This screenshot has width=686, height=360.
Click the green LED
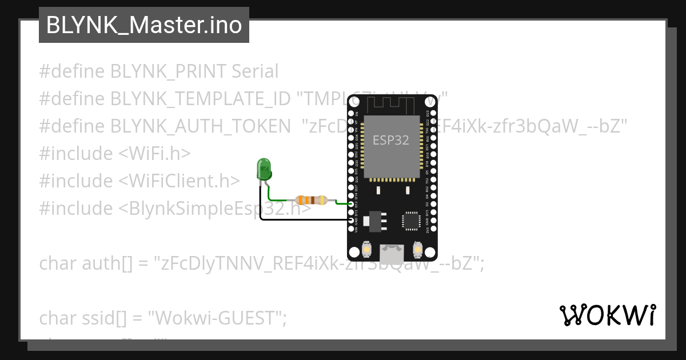264,170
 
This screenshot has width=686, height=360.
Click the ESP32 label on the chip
391,139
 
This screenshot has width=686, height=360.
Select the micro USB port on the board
392,251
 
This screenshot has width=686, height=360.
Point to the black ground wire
303,219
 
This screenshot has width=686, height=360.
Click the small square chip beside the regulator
411,221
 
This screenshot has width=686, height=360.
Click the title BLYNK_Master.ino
143,25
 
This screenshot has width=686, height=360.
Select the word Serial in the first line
255,71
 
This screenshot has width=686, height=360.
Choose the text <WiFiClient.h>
179,181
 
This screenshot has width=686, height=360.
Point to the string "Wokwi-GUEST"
217,318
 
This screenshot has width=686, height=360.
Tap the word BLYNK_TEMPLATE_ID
200,99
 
